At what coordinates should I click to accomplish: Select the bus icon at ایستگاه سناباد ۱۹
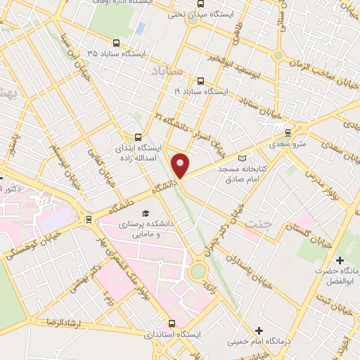202,81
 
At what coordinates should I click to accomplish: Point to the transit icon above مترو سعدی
288,132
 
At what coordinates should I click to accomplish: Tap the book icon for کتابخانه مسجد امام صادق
244,159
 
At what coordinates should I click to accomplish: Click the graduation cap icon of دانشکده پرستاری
146,213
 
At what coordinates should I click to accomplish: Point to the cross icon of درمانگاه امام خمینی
259,330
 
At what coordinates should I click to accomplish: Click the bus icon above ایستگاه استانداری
172,323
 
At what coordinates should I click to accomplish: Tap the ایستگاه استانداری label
172,335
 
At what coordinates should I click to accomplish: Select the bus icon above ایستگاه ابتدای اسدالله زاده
137,137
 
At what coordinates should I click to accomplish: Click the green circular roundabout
198,270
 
